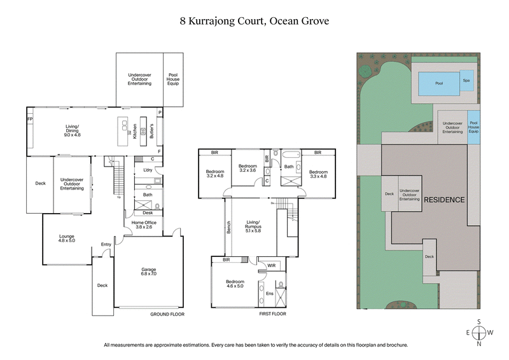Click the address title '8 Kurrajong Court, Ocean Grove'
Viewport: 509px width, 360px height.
coord(254,20)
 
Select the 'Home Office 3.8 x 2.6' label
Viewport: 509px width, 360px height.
coord(144,224)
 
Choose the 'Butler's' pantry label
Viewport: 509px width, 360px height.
coord(151,130)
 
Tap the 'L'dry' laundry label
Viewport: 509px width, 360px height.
coord(148,170)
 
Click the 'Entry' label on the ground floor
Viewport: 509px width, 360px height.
coord(106,244)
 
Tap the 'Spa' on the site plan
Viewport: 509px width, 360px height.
coord(466,80)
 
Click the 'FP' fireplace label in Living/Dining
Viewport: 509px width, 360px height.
coord(29,119)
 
